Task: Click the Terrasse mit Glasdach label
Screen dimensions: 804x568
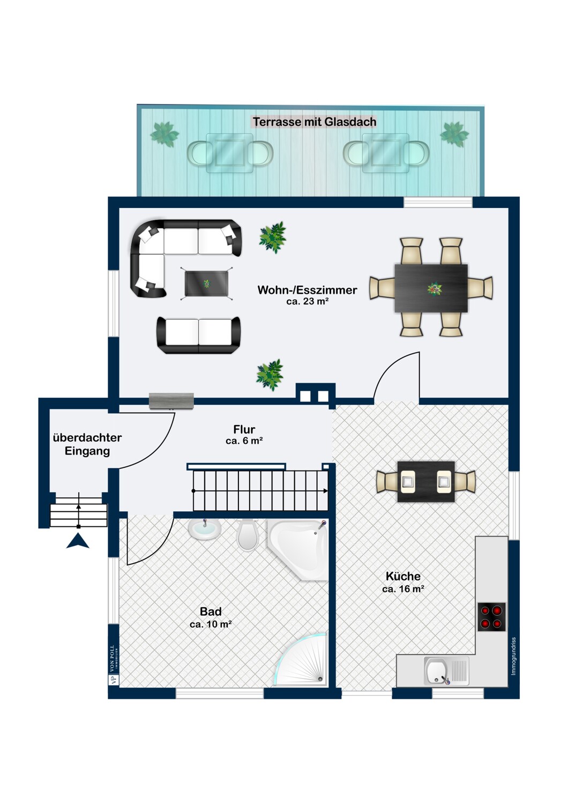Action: pos(315,122)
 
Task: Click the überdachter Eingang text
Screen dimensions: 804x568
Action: pos(87,444)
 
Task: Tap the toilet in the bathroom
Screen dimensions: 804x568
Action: pos(248,534)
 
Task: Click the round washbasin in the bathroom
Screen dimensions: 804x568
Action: pos(205,529)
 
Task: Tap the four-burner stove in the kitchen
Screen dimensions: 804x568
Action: pos(491,617)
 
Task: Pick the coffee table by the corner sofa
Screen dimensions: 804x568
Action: pos(206,284)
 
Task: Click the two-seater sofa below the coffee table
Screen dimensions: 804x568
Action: pos(198,335)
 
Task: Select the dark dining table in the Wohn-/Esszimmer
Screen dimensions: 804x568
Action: pos(431,288)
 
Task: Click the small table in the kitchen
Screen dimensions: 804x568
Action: pos(426,481)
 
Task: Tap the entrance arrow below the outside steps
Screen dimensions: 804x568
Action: pos(78,542)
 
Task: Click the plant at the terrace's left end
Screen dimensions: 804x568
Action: pos(165,134)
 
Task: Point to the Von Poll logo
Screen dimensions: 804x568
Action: pos(113,665)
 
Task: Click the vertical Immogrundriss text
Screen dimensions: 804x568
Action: pos(513,656)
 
